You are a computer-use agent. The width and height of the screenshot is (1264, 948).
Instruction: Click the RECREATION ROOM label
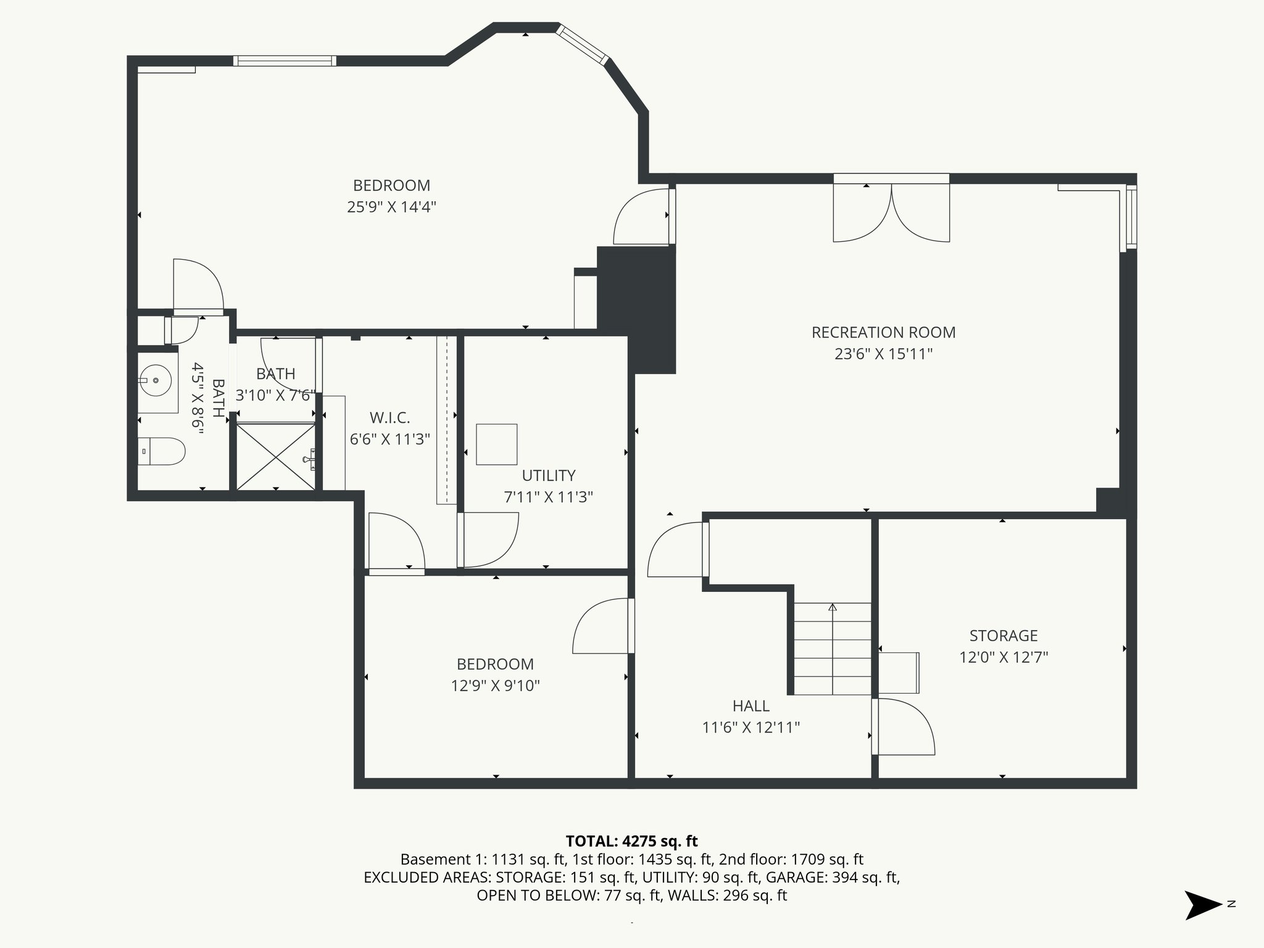883,333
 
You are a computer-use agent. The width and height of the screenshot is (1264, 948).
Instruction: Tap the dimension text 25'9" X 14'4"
391,207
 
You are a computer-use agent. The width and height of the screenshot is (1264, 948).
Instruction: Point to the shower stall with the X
275,455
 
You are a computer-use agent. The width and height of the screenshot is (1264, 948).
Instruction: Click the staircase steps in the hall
832,649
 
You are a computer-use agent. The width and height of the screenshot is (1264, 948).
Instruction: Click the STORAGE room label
1003,636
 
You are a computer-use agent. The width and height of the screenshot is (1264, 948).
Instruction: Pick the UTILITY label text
548,476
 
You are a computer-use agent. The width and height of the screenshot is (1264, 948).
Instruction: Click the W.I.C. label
389,418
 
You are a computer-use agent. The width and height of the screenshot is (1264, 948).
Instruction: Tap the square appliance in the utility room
496,444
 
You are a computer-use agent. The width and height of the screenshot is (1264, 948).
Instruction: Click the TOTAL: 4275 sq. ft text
631,841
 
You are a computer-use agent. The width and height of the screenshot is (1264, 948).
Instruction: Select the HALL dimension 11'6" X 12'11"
750,728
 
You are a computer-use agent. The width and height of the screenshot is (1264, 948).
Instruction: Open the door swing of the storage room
904,726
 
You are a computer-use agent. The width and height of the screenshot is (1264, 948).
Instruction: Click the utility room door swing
489,539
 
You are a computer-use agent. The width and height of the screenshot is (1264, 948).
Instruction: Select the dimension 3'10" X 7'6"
275,396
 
